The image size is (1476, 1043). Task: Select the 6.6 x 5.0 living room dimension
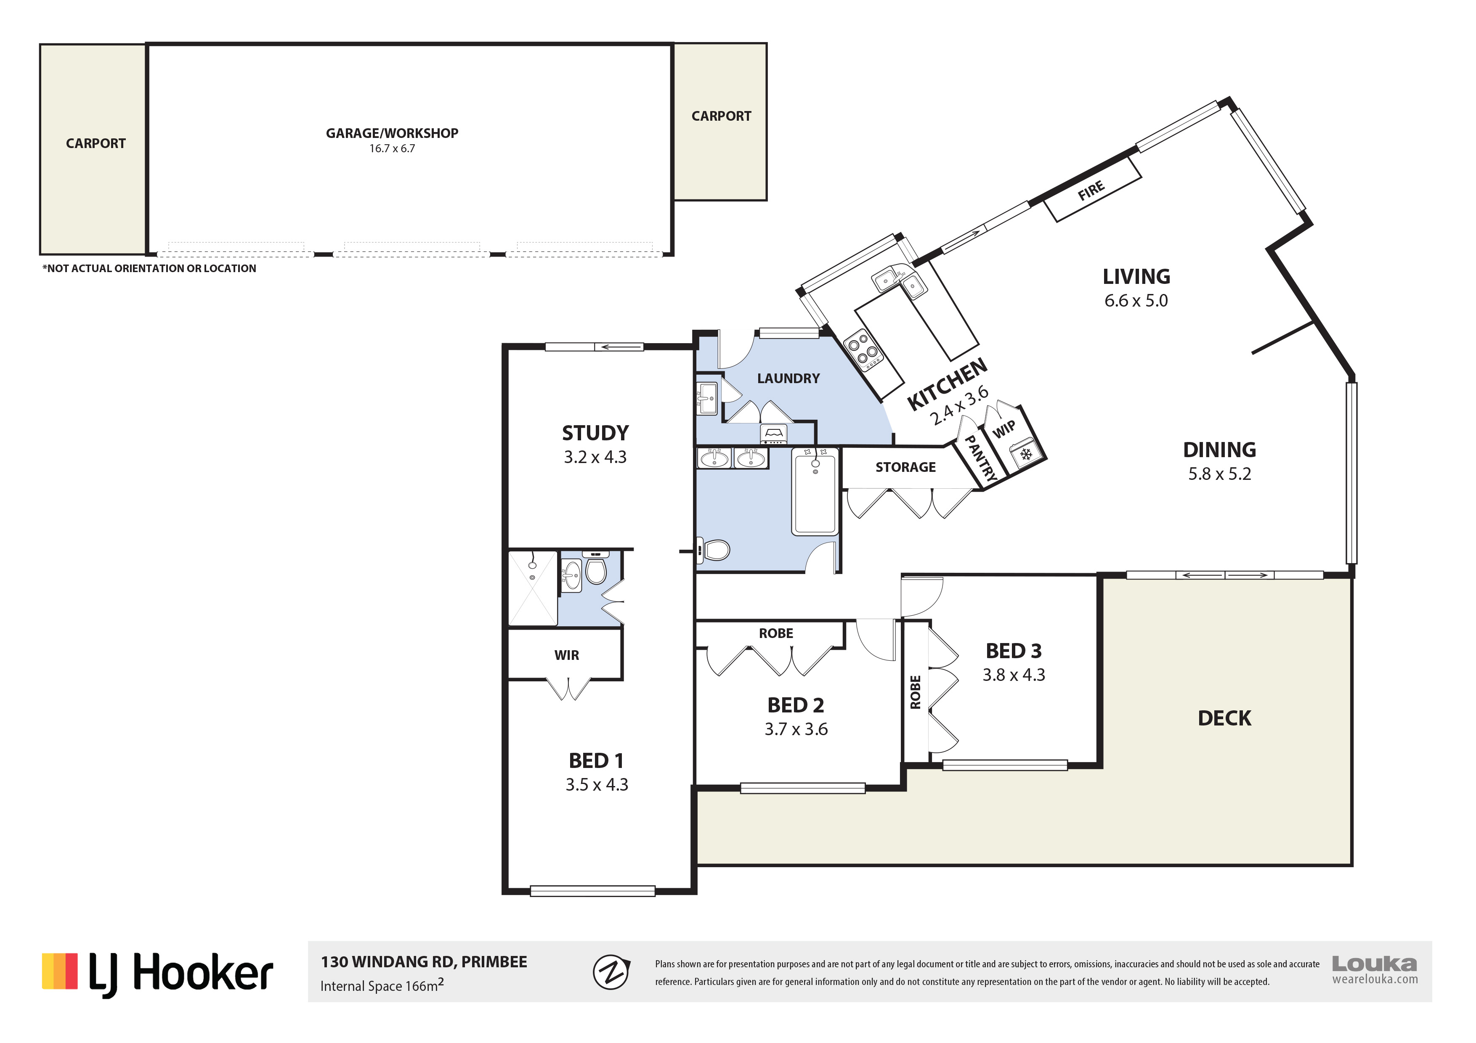1136,301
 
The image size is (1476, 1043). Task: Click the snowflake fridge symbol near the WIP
1026,454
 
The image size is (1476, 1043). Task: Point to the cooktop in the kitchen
864,350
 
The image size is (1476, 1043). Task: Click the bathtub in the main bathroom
815,492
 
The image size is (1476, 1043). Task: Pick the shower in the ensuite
533,588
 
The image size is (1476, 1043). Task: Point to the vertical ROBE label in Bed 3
916,692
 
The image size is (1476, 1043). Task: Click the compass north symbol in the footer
611,972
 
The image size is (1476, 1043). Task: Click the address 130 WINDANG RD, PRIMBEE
424,962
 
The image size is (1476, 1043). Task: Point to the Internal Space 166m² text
382,985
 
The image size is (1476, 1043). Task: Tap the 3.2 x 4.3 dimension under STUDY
595,457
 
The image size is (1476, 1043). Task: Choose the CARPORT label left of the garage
96,143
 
